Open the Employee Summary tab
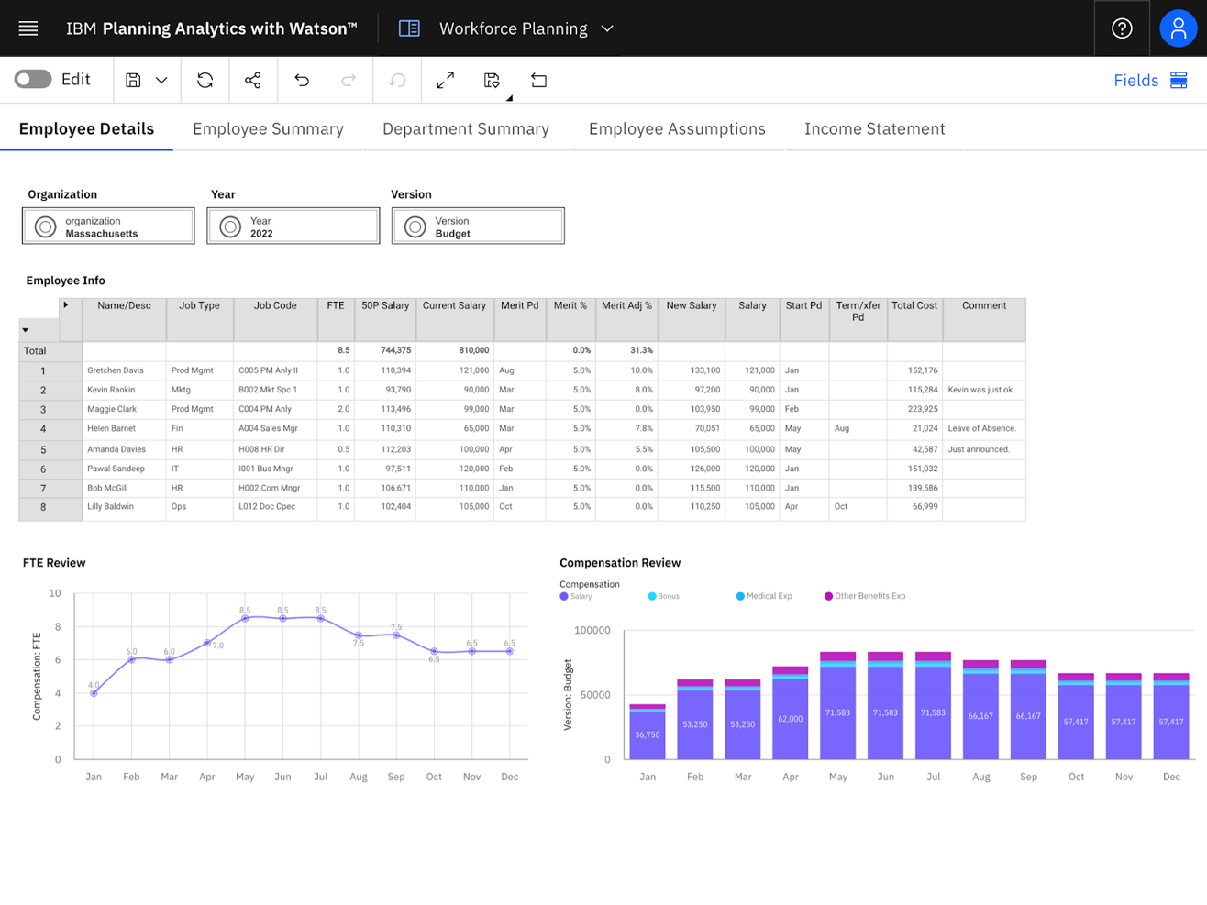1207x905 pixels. pyautogui.click(x=268, y=129)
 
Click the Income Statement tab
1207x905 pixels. pyautogui.click(x=874, y=129)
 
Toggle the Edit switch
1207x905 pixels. pyautogui.click(x=33, y=80)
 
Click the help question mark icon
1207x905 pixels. pyautogui.click(x=1122, y=28)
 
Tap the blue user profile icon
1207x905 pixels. pyautogui.click(x=1179, y=28)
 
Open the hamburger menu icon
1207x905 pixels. pyautogui.click(x=28, y=28)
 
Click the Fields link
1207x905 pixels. pyautogui.click(x=1135, y=81)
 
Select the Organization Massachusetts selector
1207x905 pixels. pyautogui.click(x=108, y=226)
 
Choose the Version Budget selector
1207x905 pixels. pyautogui.click(x=478, y=226)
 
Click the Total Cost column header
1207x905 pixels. pyautogui.click(x=914, y=306)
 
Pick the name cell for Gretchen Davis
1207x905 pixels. pyautogui.click(x=116, y=370)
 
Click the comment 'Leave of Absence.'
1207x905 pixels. pyautogui.click(x=981, y=428)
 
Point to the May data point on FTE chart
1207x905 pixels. pyautogui.click(x=245, y=619)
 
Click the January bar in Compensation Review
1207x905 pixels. pyautogui.click(x=648, y=733)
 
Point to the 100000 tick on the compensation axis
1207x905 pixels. pyautogui.click(x=592, y=631)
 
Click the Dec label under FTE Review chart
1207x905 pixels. pyautogui.click(x=509, y=777)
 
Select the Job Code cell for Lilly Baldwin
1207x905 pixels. pyautogui.click(x=267, y=507)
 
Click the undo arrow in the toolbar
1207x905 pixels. pyautogui.click(x=302, y=81)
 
